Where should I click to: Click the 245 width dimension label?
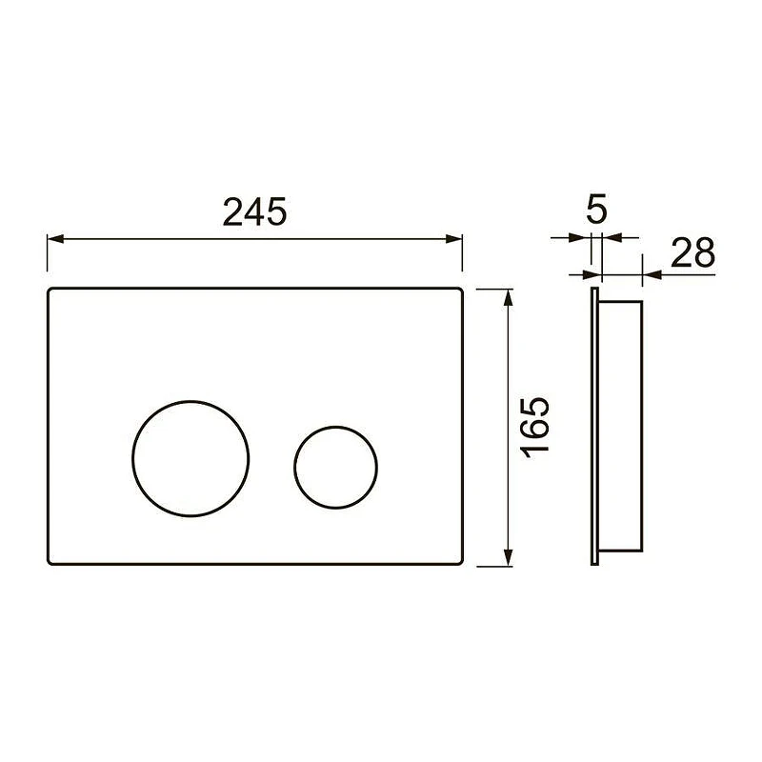tap(254, 211)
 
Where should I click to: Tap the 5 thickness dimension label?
tap(597, 210)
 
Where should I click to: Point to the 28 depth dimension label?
tap(693, 252)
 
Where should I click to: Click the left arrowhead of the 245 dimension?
tap(55, 239)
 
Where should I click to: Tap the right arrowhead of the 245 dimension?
tap(454, 239)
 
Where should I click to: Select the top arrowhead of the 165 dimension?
tap(509, 297)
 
